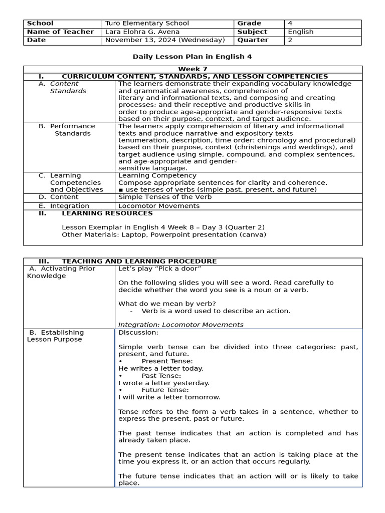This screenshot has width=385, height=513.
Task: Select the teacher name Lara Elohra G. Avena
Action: click(x=142, y=32)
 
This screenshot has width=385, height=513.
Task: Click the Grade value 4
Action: click(x=290, y=24)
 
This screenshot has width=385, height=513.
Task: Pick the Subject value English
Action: click(x=301, y=32)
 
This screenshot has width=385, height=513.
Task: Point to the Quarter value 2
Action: click(x=290, y=40)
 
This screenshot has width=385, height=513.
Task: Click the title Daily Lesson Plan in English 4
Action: click(x=192, y=57)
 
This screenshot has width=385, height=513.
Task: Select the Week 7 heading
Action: click(x=192, y=69)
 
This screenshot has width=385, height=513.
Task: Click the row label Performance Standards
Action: click(x=70, y=130)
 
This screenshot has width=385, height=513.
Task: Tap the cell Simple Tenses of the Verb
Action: click(x=165, y=197)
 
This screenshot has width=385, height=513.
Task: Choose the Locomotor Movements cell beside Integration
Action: click(x=155, y=206)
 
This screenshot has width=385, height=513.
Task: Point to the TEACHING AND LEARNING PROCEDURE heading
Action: click(x=139, y=262)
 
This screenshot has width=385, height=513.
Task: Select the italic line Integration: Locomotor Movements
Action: click(x=180, y=325)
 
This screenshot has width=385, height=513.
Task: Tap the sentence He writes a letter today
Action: click(x=161, y=368)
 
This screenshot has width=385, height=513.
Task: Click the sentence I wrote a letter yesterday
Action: click(x=164, y=383)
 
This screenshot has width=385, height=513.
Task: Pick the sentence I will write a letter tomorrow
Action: click(x=169, y=397)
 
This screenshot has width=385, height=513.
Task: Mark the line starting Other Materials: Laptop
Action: click(x=164, y=234)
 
